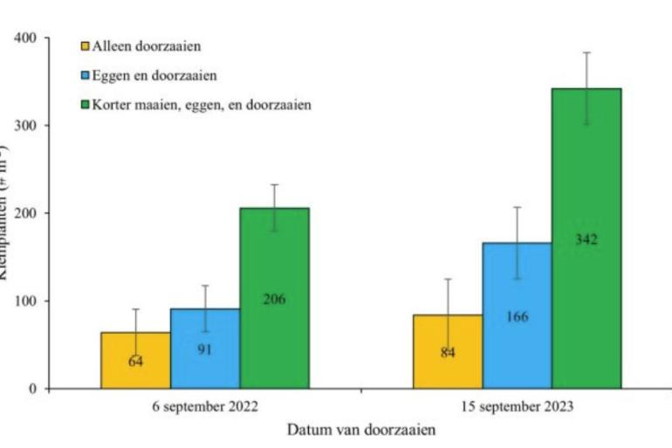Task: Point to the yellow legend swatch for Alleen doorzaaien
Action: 85,46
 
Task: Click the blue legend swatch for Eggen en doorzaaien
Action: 85,76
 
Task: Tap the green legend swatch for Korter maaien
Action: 85,105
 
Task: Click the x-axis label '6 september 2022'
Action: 205,406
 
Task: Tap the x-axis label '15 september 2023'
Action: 517,406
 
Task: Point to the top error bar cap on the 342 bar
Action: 586,52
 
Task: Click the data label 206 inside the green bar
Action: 274,300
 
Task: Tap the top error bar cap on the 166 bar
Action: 517,207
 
